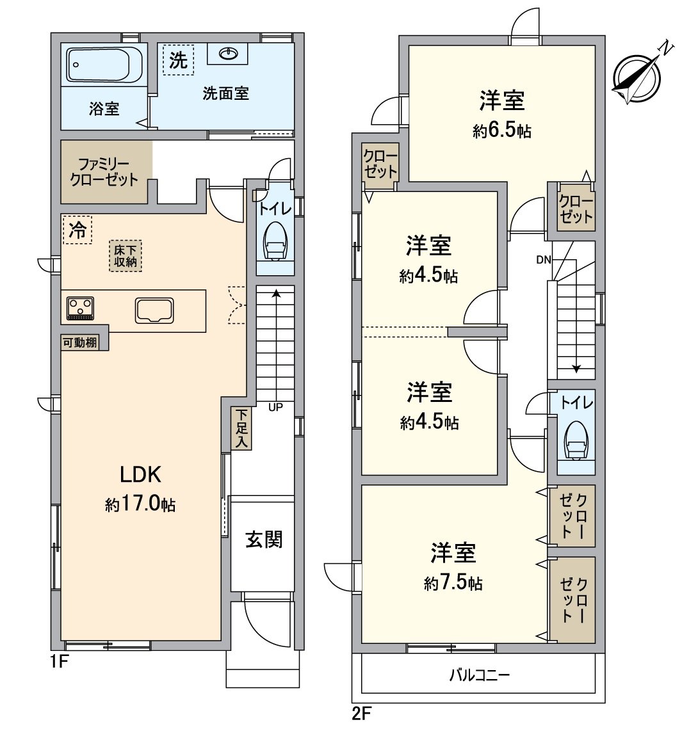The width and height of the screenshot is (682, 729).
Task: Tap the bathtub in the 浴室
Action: click(105, 65)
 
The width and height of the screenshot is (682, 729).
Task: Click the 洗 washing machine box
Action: click(178, 60)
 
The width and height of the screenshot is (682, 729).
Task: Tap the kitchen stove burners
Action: click(79, 308)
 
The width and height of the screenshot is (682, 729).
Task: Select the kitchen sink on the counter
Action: click(154, 310)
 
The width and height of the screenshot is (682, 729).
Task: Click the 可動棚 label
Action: click(80, 342)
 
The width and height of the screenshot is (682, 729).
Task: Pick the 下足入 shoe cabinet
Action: click(241, 429)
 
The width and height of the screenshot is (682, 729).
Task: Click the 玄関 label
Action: click(263, 540)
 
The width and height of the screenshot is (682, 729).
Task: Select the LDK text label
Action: click(140, 474)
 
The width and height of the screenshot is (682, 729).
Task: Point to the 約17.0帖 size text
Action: click(140, 505)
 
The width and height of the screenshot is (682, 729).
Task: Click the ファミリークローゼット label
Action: click(104, 172)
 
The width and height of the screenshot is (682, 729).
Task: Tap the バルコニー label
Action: click(480, 675)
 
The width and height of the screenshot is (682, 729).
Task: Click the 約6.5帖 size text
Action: click(502, 131)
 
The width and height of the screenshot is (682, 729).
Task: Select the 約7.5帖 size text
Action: click(453, 583)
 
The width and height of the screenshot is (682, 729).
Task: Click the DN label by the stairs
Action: click(544, 259)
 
